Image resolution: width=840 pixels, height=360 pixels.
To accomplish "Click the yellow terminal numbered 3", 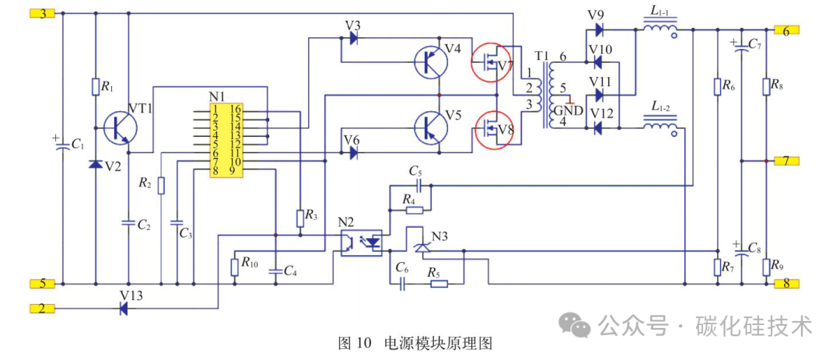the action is coord(42,14).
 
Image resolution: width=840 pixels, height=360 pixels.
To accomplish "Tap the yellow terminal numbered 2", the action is coord(42,308).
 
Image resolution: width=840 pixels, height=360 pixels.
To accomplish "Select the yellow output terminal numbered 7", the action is coord(786,161).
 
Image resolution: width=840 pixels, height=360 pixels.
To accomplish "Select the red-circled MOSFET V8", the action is coord(492,128).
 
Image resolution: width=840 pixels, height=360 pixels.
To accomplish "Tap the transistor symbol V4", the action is coord(431,62).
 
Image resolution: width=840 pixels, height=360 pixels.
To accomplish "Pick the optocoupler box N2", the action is coord(362,243).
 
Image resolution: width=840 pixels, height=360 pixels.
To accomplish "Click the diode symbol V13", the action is coord(123,308).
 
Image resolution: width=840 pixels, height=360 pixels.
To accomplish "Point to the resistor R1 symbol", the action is coord(96,87).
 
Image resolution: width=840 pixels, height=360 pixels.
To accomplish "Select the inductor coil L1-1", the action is coord(660,29).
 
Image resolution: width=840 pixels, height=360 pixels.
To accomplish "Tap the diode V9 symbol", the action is coord(599,30).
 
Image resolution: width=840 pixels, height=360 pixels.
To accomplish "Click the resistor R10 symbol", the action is coord(234,267).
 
